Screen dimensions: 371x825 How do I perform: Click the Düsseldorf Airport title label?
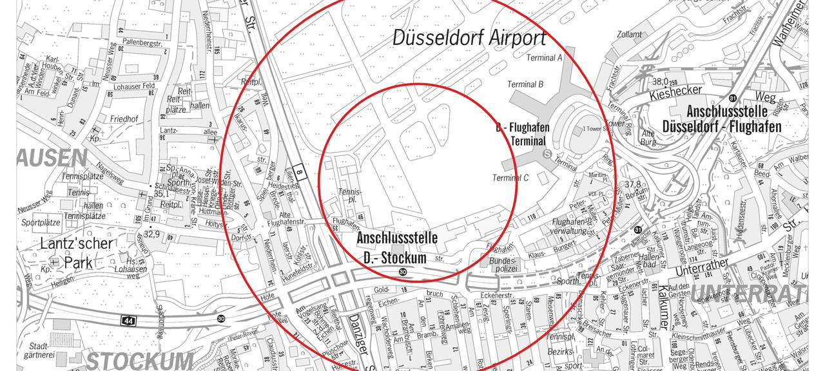pos(470,37)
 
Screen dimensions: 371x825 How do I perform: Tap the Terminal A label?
pos(545,58)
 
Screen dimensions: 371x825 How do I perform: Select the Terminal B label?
pos(525,84)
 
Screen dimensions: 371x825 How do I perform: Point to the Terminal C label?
pos(510,178)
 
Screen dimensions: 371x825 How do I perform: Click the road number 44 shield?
pos(129,319)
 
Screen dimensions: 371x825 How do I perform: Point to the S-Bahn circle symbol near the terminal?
pos(547,154)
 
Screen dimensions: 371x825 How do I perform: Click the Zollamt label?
pos(629,35)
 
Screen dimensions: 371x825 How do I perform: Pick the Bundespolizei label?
pos(502,264)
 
